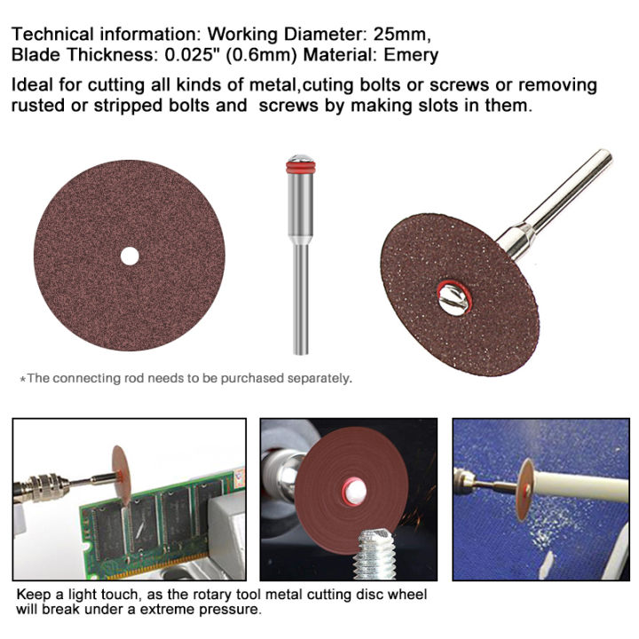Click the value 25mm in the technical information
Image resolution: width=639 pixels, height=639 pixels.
click(x=402, y=34)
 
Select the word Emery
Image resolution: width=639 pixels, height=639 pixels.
click(x=411, y=55)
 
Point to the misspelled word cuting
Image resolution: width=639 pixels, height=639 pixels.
click(x=328, y=85)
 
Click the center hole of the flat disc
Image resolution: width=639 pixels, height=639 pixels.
click(x=130, y=256)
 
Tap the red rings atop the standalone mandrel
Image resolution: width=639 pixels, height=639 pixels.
click(x=300, y=167)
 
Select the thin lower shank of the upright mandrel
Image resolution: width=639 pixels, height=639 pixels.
click(x=301, y=300)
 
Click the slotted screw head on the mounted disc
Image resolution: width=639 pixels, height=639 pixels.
click(x=454, y=299)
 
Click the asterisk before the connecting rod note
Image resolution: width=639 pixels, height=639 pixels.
click(x=23, y=380)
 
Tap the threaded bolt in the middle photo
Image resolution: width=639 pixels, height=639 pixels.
click(x=374, y=554)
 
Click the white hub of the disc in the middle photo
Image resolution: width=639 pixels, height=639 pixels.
click(x=353, y=492)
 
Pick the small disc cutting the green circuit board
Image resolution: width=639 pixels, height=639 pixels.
click(x=122, y=475)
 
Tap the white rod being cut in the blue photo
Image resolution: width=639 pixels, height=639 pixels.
click(x=582, y=485)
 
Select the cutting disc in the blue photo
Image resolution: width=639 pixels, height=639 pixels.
click(x=525, y=489)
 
